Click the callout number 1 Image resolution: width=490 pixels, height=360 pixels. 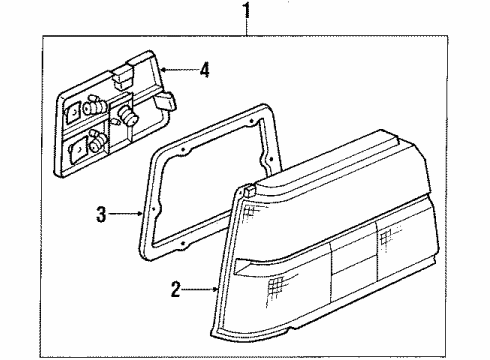click(x=247, y=13)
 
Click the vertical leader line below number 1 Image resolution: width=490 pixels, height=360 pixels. click(x=247, y=30)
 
